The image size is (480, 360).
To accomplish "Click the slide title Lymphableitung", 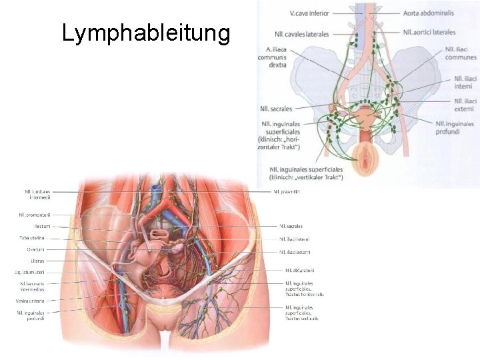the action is pos(145,33).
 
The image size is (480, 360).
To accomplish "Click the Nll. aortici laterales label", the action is pos(429,32).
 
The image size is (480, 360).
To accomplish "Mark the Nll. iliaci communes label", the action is pos(461,53).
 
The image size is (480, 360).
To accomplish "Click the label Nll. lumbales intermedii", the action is pos(38,194).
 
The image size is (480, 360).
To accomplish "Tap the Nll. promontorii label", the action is pos(35,215).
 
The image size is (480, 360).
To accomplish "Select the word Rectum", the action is pos(43,226).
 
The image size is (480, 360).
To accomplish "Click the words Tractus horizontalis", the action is pos(305,294).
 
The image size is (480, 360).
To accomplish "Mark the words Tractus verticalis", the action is pos(303,318).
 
